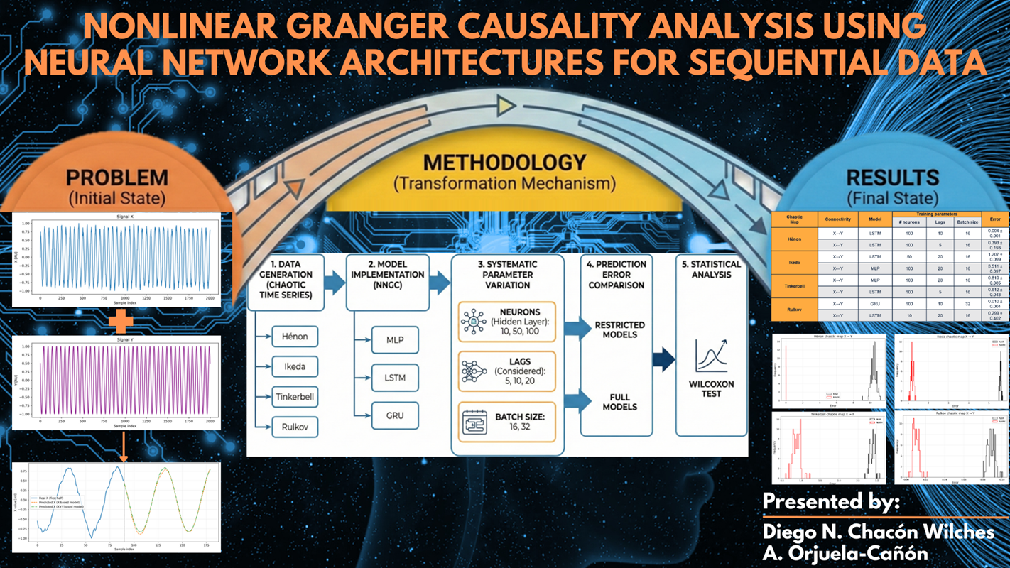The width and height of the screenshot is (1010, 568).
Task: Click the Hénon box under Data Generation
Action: click(x=295, y=336)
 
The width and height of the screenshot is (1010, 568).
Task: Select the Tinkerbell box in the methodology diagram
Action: click(x=295, y=396)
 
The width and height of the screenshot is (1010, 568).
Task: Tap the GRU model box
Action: click(x=395, y=415)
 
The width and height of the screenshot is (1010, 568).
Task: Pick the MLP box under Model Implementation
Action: click(x=395, y=339)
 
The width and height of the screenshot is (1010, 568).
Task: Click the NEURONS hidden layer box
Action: click(x=507, y=322)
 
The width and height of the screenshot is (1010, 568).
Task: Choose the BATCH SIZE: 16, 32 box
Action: click(x=507, y=422)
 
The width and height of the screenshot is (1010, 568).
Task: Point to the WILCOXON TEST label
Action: click(x=711, y=388)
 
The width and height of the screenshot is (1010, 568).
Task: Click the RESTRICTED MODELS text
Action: click(x=619, y=329)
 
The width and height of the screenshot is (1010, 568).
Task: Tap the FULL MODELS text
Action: click(x=619, y=402)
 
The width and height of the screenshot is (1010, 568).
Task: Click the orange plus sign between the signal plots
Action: click(x=121, y=322)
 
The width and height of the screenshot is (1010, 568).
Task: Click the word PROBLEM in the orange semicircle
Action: click(x=117, y=177)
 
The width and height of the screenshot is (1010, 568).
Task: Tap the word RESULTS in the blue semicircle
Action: click(x=892, y=177)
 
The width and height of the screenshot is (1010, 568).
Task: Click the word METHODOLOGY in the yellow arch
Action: click(x=504, y=163)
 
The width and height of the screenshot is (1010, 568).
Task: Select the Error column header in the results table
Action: click(x=994, y=219)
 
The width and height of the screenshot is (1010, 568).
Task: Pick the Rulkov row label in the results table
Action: click(x=794, y=310)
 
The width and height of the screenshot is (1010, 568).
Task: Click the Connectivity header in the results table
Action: click(x=838, y=219)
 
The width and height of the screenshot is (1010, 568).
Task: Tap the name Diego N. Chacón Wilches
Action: click(x=878, y=531)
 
